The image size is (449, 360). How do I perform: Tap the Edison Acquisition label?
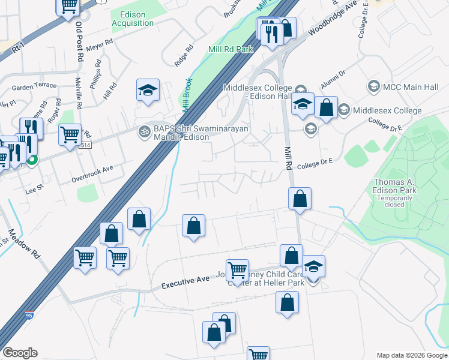(x=133, y=19)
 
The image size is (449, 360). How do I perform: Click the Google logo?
(x=20, y=353)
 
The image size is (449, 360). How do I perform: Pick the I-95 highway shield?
(x=29, y=314)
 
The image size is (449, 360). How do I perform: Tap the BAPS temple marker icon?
(x=144, y=130)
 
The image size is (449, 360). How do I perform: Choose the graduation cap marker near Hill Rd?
(x=148, y=91)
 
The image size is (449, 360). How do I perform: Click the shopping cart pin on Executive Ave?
(x=238, y=270)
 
